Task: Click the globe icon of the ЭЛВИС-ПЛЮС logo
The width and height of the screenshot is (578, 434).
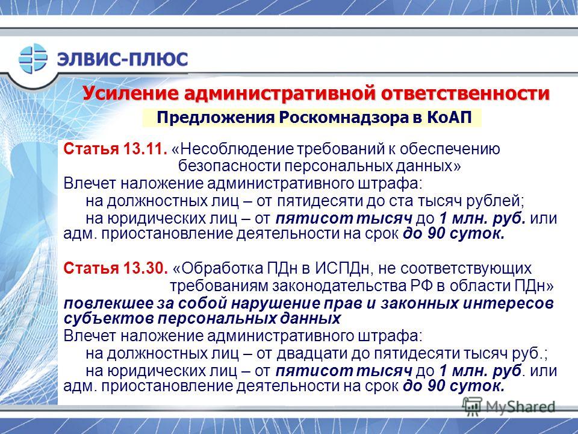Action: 33,58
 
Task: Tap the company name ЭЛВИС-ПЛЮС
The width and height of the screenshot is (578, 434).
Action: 122,58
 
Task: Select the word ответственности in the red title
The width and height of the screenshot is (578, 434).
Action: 465,93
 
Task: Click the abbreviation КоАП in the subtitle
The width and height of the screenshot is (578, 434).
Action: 450,118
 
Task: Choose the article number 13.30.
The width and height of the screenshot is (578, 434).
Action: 146,268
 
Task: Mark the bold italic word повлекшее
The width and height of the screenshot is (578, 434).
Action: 108,303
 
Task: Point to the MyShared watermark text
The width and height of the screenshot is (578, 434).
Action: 520,407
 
